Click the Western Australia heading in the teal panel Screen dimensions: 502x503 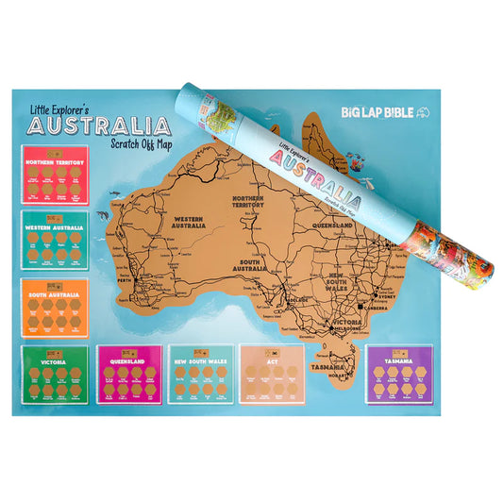tap(55, 229)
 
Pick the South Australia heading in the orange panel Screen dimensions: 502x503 tap(55, 296)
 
